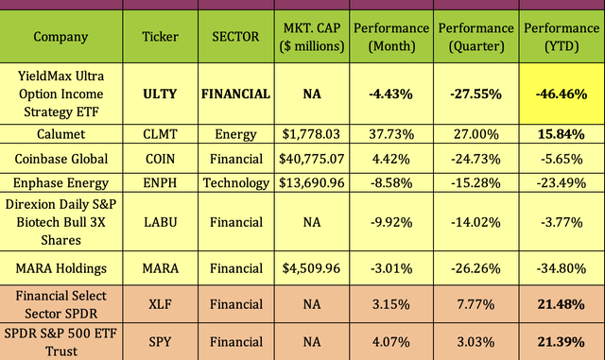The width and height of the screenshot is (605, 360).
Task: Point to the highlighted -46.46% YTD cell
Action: click(562, 94)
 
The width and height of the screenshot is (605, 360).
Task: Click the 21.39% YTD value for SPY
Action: click(562, 341)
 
